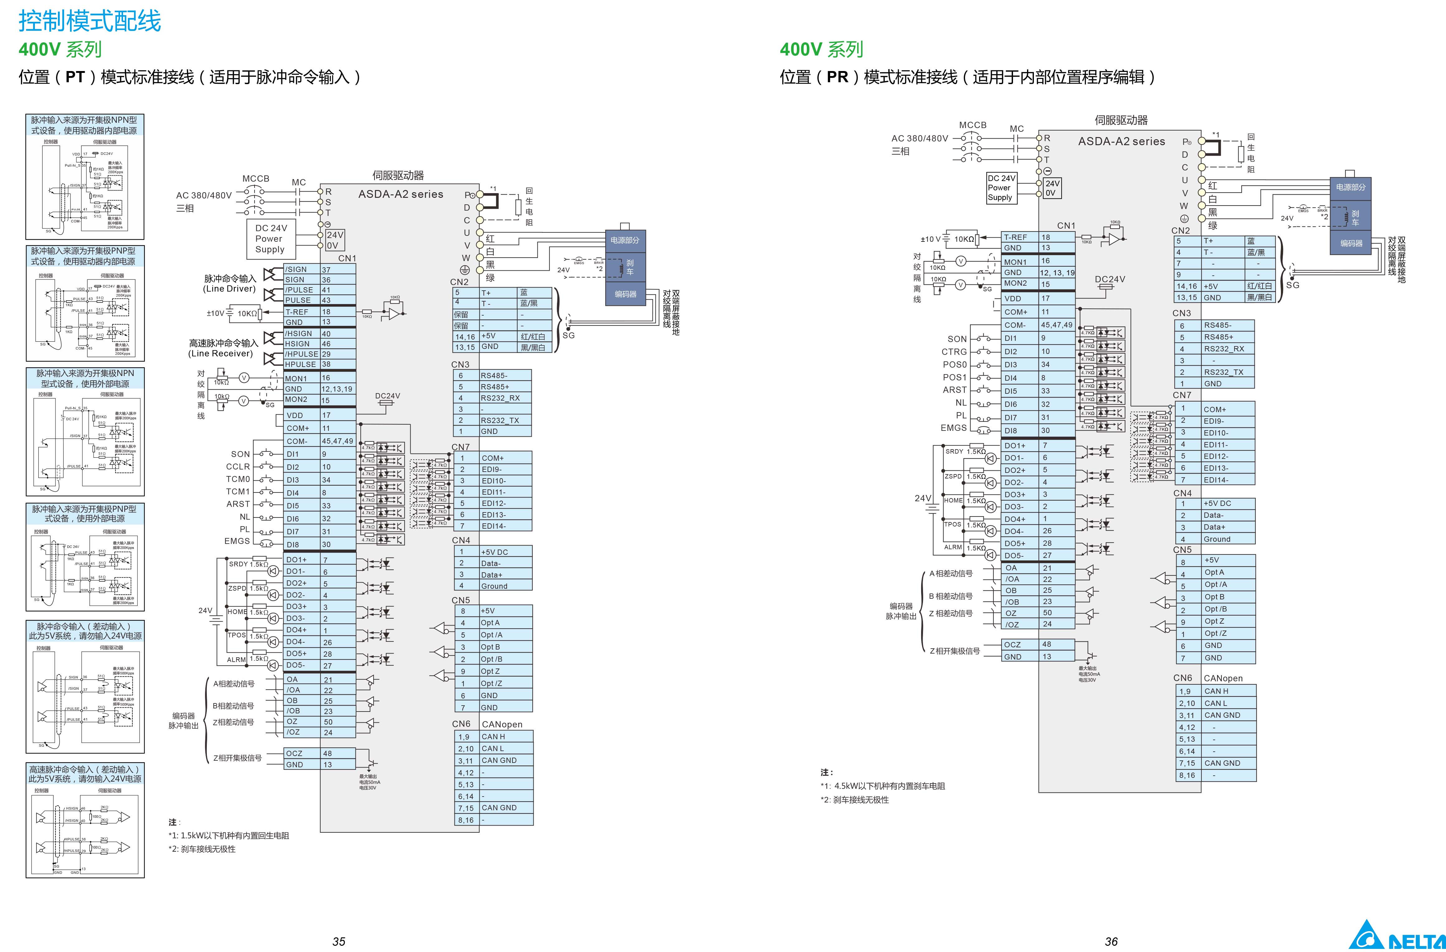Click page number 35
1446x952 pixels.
click(338, 941)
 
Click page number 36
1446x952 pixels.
click(1111, 941)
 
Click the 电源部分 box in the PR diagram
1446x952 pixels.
click(1350, 187)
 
